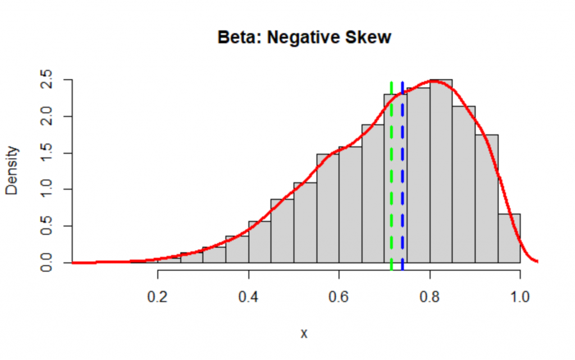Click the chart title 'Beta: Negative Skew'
[x=303, y=38]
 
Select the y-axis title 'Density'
[x=12, y=170]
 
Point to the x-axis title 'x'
[x=304, y=333]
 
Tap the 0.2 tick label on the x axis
[x=158, y=297]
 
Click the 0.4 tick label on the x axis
[x=248, y=297]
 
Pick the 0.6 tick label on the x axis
[x=339, y=297]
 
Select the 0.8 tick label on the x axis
[x=430, y=297]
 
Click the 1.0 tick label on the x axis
[x=520, y=297]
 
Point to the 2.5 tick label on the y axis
[x=47, y=80]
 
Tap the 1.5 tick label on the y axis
[x=47, y=153]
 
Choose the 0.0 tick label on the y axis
[x=47, y=262]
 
